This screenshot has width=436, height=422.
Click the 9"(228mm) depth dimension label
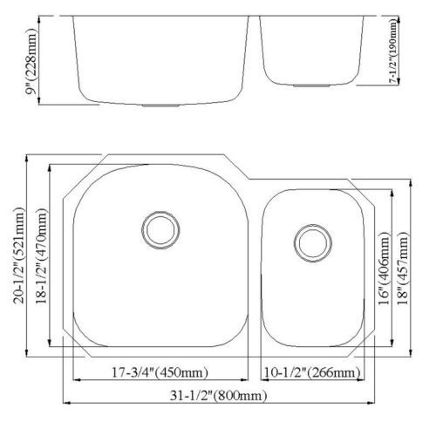pyautogui.click(x=31, y=61)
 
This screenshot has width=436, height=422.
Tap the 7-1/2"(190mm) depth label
pyautogui.click(x=393, y=51)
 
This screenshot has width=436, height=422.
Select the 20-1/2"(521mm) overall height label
pyautogui.click(x=18, y=255)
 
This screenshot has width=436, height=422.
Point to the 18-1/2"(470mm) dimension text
pyautogui.click(x=41, y=256)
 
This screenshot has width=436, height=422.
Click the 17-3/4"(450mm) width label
pyautogui.click(x=160, y=372)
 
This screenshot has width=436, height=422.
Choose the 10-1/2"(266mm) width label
pyautogui.click(x=312, y=372)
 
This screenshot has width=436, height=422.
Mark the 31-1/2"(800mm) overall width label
pyautogui.click(x=218, y=395)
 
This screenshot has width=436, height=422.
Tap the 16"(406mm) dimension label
pyautogui.click(x=384, y=268)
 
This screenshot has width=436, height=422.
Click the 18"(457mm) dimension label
pyautogui.click(x=403, y=268)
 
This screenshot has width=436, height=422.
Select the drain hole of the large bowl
pyautogui.click(x=160, y=230)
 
